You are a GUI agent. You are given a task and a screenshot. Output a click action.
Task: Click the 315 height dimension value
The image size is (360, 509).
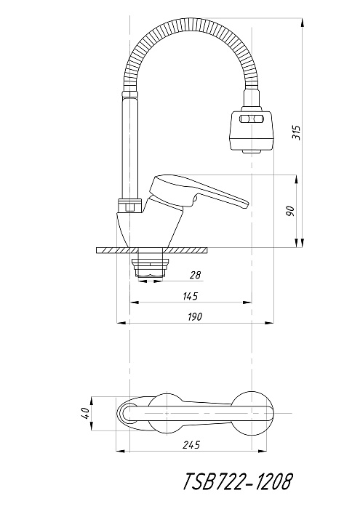[x=297, y=132]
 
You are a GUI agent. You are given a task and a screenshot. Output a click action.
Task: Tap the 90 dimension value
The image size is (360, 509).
[x=291, y=212]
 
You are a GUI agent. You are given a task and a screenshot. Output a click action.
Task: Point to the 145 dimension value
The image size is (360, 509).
[x=191, y=296]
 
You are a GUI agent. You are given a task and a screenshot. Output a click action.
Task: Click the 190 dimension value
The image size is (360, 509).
[x=194, y=316]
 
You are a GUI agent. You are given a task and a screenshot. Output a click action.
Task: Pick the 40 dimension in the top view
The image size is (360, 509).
[x=87, y=414]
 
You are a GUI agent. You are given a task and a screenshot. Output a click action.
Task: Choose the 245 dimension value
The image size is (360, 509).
[x=191, y=445]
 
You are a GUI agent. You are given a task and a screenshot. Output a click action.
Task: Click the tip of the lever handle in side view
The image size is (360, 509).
[x=247, y=205]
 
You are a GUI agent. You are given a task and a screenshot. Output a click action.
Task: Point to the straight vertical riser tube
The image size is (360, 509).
[x=130, y=148]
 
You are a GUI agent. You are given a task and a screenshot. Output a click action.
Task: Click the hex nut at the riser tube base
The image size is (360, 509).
[x=129, y=206]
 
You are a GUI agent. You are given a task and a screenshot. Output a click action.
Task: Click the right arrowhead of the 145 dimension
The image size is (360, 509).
[x=247, y=302]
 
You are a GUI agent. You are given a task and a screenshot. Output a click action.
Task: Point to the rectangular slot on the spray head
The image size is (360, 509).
[x=251, y=119]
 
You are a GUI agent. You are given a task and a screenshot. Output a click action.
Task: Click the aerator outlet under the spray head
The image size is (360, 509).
[x=252, y=151]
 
